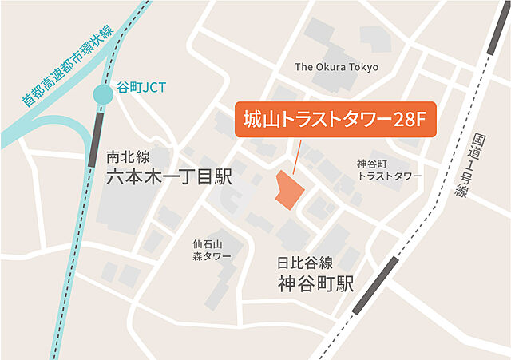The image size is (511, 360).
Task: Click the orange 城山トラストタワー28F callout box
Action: coord(335,121)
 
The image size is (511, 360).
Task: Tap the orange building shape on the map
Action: coord(287,189)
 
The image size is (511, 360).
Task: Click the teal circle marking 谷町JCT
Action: coord(103,95)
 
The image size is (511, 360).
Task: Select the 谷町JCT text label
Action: coord(141,87)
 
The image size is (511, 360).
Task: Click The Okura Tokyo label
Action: coord(336,67)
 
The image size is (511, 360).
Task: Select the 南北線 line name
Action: coord(128,156)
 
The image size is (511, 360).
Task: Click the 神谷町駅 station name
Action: coord(315,283)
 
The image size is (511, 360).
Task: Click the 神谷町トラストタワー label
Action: coord(389,169)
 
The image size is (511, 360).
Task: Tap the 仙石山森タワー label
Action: coord(212,250)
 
